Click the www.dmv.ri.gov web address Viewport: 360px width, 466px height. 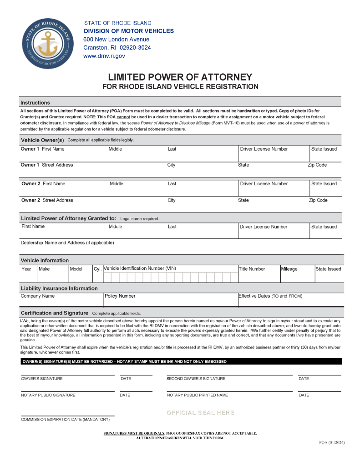[104, 56]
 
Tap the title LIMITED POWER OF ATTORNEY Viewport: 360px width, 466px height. [180, 77]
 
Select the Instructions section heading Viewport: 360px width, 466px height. [35, 103]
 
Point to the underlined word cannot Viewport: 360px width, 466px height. [124, 117]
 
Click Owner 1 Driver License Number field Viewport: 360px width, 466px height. [274, 155]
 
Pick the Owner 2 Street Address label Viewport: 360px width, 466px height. [47, 200]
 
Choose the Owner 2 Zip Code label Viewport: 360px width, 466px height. [318, 200]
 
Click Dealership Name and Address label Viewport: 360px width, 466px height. [67, 243]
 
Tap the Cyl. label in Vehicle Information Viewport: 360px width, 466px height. [97, 269]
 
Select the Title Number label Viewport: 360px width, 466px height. [252, 269]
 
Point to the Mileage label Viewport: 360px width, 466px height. [289, 269]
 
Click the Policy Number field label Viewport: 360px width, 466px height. [120, 296]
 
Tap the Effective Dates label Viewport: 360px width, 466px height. [270, 296]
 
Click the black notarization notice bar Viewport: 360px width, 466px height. [181, 361]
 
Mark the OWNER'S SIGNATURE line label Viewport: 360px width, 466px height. [42, 379]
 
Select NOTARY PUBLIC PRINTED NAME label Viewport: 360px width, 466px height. [197, 395]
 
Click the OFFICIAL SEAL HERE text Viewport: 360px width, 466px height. [200, 413]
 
